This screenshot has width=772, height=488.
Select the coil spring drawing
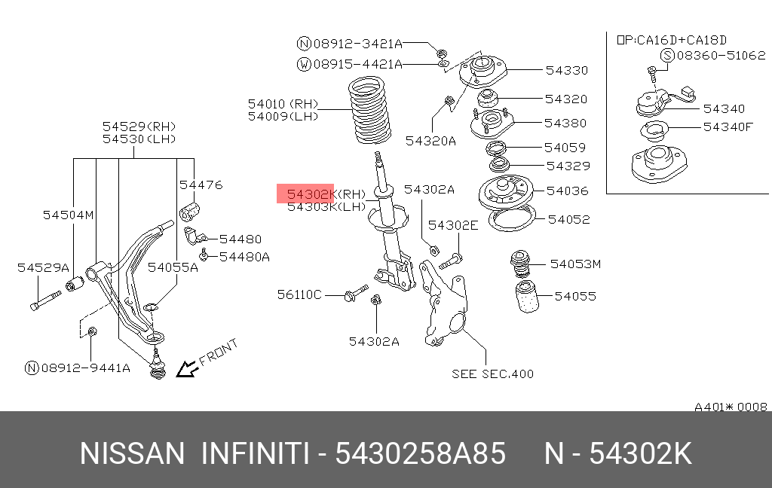click(x=371, y=114)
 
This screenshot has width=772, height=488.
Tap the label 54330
click(x=566, y=70)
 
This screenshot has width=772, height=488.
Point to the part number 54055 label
click(x=575, y=296)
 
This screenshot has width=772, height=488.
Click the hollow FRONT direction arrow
click(x=185, y=368)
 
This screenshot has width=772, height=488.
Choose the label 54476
click(x=201, y=185)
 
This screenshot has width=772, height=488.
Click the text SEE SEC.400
click(x=492, y=373)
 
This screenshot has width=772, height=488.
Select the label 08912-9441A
click(x=85, y=368)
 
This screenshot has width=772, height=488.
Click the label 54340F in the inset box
click(x=728, y=127)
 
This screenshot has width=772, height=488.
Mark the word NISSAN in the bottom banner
click(x=132, y=455)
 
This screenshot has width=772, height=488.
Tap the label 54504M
click(x=68, y=215)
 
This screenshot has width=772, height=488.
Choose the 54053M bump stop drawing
click(x=519, y=264)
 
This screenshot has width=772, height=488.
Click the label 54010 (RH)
click(x=283, y=104)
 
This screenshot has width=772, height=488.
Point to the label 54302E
click(x=453, y=224)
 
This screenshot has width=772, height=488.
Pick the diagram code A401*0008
click(x=731, y=407)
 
